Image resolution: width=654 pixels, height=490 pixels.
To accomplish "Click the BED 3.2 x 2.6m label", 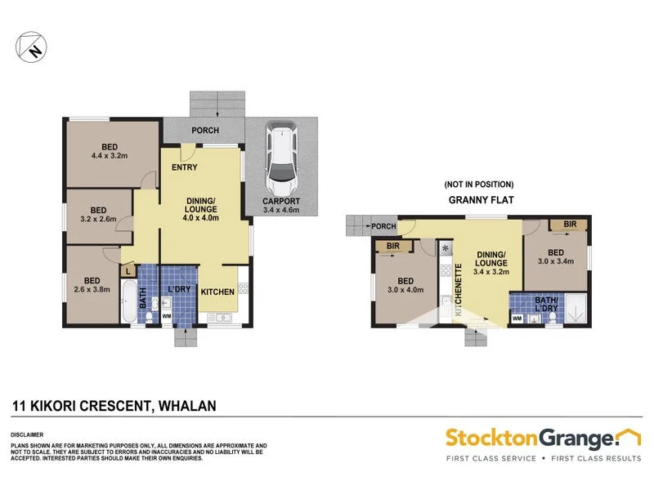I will [x=98, y=214].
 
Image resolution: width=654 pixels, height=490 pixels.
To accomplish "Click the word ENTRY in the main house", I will [x=184, y=167].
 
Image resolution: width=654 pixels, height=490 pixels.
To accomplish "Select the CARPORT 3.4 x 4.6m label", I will [x=281, y=205].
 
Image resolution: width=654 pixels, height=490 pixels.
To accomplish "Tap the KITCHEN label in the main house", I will [x=218, y=292].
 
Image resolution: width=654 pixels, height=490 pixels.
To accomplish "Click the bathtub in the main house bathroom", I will [x=128, y=303].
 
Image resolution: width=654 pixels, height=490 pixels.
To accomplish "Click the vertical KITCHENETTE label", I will [x=459, y=289].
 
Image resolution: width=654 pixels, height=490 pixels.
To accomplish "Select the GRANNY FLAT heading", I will [x=478, y=198].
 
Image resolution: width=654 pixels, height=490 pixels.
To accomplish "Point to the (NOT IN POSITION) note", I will [x=478, y=184].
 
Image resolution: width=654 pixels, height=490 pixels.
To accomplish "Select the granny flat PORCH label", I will [x=383, y=226].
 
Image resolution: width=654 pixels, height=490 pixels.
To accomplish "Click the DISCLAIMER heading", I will [x=29, y=434].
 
